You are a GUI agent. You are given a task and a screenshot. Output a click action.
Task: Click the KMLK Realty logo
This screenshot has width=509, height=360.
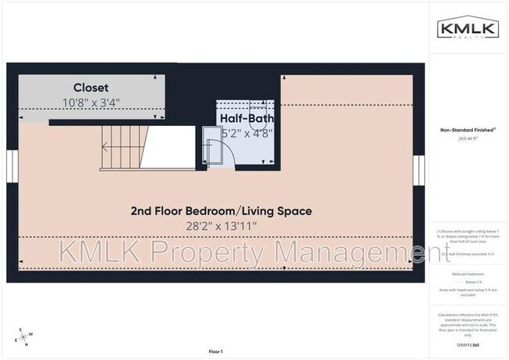468,30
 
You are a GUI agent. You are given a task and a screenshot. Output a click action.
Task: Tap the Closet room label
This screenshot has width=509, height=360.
91,88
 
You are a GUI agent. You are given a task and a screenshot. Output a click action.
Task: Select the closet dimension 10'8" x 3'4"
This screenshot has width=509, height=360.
91,101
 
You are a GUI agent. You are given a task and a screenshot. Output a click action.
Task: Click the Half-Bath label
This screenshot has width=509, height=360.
246,119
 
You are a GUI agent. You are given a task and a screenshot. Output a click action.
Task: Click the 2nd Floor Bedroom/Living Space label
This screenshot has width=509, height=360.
221,211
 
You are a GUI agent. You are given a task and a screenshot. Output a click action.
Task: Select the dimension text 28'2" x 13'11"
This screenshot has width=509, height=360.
221,226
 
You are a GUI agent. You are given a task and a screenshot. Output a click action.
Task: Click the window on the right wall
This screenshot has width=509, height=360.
419,167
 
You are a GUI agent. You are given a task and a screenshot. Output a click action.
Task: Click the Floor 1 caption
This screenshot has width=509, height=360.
215,351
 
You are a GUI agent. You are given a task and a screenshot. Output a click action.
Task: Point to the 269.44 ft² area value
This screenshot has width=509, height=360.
467,139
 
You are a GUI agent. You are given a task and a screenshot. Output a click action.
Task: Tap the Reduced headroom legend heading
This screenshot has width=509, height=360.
467,274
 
